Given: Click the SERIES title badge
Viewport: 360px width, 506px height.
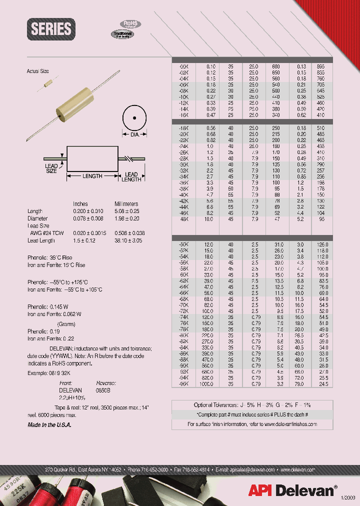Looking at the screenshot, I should (51, 29).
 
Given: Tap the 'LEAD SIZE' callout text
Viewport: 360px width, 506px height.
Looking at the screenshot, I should (51, 168).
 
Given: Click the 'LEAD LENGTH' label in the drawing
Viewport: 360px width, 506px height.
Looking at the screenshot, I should (131, 177).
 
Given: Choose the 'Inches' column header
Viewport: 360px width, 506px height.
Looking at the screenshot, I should (80, 204).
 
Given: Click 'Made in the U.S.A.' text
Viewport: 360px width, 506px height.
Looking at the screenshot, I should (49, 424).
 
